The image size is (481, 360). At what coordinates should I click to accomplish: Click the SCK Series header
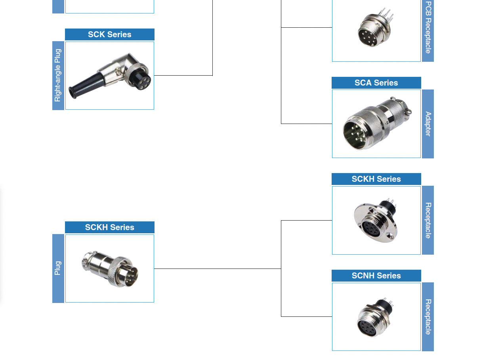click(110, 34)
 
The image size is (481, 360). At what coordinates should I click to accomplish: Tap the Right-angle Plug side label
click(58, 75)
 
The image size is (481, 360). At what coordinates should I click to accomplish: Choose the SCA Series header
click(376, 83)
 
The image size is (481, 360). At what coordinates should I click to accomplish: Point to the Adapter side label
click(428, 124)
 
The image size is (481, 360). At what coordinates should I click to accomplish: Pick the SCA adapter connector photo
click(376, 124)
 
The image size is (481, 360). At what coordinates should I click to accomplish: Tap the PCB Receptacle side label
click(428, 28)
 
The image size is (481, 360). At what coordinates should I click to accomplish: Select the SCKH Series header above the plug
click(110, 227)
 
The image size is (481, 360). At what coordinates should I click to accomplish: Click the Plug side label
click(58, 268)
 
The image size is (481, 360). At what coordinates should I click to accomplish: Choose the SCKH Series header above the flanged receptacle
click(376, 179)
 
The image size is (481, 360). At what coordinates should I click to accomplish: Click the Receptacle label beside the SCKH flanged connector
click(428, 220)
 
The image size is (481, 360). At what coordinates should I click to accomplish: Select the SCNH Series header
click(376, 276)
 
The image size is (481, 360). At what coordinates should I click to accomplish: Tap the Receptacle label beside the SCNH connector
click(428, 317)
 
